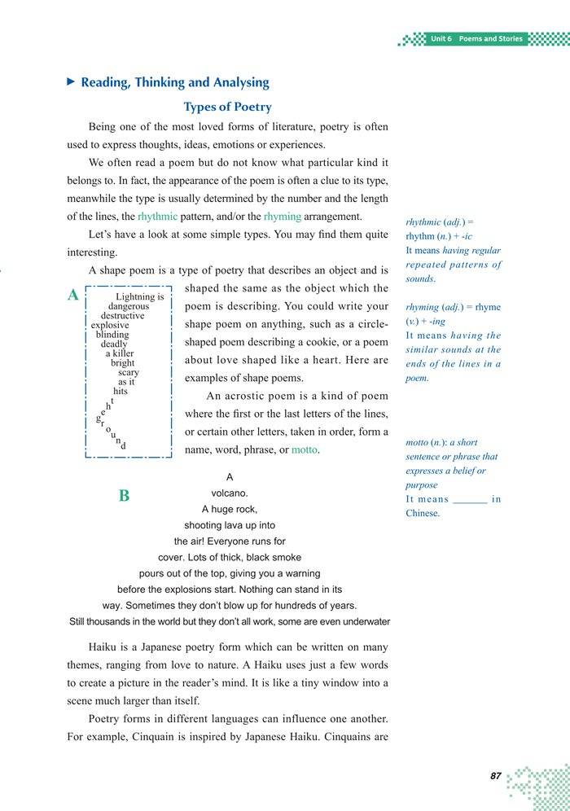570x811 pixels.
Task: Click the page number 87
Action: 495,777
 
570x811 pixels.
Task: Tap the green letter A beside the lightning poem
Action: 73,296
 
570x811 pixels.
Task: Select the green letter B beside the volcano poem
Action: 124,495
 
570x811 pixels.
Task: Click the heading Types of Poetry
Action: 227,107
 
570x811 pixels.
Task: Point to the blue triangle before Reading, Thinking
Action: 71,82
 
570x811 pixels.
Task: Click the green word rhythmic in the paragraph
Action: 157,217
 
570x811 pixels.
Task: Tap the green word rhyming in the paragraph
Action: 283,217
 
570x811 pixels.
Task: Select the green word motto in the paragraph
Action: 304,450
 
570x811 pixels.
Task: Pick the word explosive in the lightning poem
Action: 110,325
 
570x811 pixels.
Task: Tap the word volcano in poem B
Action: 230,493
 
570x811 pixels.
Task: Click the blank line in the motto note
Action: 469,500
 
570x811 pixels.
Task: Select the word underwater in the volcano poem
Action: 364,622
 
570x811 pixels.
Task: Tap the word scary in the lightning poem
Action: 128,372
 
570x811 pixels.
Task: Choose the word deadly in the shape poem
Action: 114,344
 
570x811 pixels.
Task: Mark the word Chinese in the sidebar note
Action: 423,514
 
